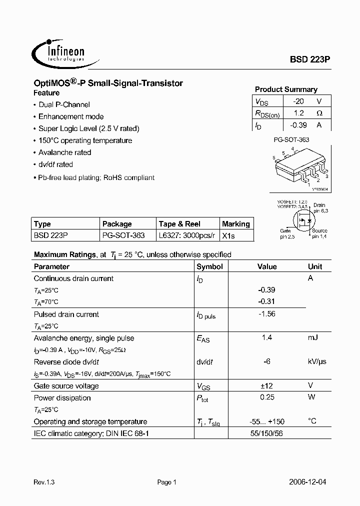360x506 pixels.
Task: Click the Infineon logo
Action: pos(59,52)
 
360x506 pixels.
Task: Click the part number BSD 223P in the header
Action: pos(310,59)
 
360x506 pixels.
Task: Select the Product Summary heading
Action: pos(286,89)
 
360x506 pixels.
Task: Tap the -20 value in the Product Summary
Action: pos(298,101)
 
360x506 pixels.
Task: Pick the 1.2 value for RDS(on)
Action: pos(299,113)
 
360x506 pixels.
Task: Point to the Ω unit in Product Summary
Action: pos(319,113)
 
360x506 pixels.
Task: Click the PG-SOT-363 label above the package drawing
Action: pos(291,140)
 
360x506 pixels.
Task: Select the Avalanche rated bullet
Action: pos(64,152)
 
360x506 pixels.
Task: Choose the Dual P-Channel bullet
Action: pos(64,104)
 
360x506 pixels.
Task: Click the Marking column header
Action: pos(235,224)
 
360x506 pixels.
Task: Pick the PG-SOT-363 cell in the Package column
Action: pos(123,235)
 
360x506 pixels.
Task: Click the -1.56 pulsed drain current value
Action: pos(266,314)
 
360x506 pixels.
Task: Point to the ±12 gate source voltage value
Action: pos(266,385)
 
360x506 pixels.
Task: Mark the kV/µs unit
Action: pos(315,361)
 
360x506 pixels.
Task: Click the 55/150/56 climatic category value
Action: pos(266,433)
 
